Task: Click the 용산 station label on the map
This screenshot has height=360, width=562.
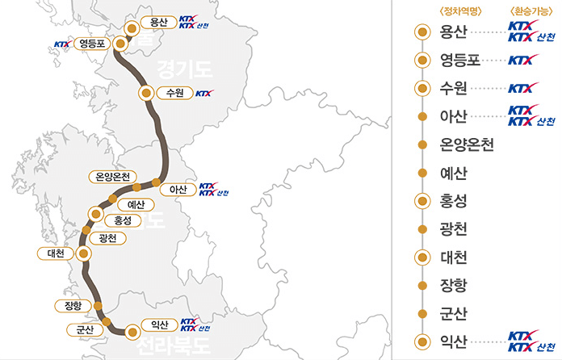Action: coord(158,23)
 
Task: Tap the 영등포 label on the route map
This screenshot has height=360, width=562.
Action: coord(90,44)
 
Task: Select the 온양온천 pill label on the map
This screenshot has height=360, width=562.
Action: coord(113,177)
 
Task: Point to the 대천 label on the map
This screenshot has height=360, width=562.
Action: coord(56,253)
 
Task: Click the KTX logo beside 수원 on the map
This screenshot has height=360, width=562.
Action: coord(204,93)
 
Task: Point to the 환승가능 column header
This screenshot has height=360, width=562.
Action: coord(529,10)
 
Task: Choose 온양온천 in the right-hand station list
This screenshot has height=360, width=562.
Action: coord(467,144)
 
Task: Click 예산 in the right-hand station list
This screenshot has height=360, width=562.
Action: coord(453,173)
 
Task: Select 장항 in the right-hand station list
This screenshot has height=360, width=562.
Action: coord(453,285)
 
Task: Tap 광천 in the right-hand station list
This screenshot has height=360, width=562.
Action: coord(453,229)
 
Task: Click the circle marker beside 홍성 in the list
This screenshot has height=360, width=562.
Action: coord(421,201)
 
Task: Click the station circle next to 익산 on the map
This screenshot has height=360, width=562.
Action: coord(132,331)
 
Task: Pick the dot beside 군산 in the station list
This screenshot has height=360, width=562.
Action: coord(421,313)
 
